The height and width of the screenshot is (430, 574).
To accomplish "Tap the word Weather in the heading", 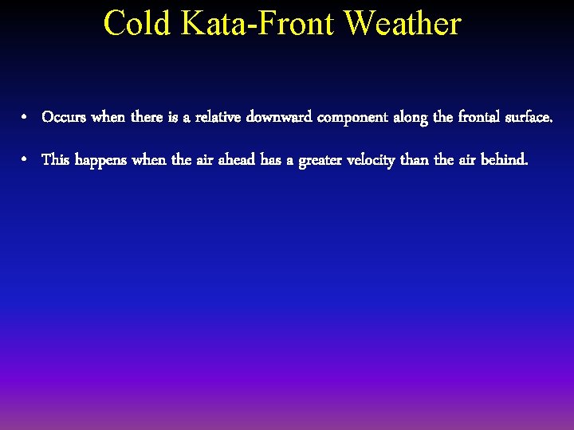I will coord(403,23).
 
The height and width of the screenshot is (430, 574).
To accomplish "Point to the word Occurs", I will coord(65,118).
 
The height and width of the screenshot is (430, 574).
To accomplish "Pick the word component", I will coord(352,119).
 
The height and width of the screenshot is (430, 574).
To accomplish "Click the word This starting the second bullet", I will coord(55,160).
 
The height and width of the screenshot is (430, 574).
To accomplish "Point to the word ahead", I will coord(234,160).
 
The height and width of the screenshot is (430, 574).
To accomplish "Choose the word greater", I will coord(325,161).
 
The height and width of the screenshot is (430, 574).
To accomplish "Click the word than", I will coord(414,160).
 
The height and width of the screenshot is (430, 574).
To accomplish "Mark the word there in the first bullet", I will coord(147,118).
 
